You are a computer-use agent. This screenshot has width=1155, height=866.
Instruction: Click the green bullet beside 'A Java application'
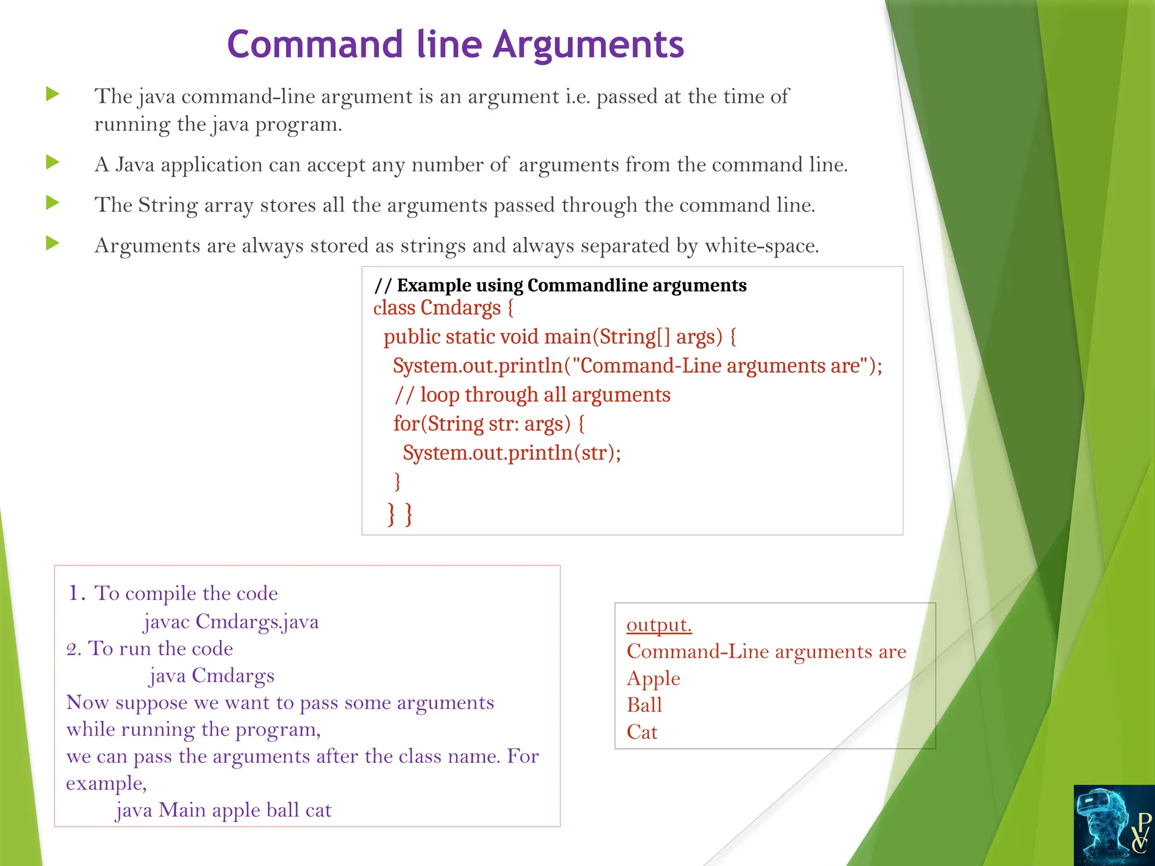52,163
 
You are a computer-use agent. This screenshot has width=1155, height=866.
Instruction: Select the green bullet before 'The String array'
52,202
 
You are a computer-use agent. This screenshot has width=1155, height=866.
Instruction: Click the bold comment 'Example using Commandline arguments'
571,285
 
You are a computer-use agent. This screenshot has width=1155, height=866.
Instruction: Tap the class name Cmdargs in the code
460,308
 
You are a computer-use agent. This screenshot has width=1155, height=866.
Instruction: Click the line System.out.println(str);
512,453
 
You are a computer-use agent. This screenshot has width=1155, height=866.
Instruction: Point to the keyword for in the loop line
406,423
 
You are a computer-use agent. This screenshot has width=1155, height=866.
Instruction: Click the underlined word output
659,625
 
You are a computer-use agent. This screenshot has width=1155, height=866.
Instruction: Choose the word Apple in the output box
653,678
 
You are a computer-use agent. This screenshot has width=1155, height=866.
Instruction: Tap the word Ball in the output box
644,705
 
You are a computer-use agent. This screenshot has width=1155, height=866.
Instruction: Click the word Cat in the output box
642,732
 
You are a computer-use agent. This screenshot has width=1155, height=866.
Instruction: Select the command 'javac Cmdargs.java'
231,622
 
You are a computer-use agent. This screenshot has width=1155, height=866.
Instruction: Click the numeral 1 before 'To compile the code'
73,593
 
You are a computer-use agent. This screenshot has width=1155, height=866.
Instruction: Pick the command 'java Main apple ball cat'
223,810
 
